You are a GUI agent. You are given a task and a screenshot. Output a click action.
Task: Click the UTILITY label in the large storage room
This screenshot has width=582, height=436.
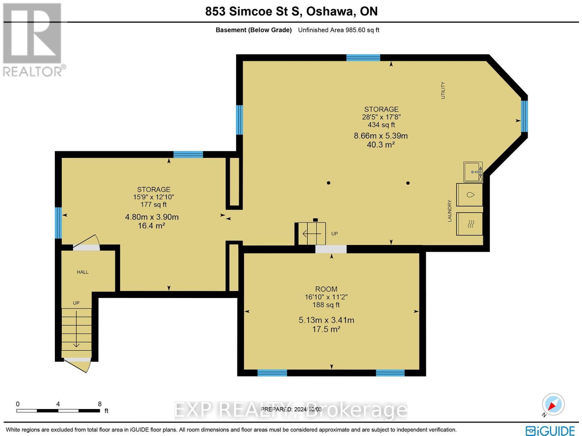[443, 90]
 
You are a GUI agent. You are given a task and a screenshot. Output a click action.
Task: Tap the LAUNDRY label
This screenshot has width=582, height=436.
[450, 211]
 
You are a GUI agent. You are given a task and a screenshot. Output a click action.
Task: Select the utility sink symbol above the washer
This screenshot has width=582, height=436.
[473, 172]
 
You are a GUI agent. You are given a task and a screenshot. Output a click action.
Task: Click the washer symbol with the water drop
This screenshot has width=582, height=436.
[470, 195]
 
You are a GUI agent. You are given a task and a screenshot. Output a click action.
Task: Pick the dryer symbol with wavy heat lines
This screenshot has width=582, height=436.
[470, 223]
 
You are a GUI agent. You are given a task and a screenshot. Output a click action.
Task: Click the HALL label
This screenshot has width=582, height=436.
[83, 272]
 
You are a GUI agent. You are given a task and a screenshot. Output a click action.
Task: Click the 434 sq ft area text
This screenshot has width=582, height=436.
[381, 125]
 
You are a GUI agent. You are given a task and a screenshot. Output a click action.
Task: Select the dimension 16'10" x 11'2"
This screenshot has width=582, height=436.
[326, 297]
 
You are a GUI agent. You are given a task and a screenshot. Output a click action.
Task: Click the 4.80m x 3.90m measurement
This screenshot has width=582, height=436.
[152, 217]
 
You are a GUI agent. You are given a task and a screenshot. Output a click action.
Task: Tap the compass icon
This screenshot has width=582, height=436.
[553, 404]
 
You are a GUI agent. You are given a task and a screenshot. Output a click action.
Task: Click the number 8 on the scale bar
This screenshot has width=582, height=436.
[100, 404]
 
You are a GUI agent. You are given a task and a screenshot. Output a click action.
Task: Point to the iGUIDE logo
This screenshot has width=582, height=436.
[550, 431]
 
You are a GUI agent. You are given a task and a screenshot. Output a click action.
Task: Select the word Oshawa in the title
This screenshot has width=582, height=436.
[331, 11]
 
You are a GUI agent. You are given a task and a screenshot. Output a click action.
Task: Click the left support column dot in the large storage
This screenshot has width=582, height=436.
[328, 183]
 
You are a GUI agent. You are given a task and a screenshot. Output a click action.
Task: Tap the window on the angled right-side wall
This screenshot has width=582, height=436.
[524, 116]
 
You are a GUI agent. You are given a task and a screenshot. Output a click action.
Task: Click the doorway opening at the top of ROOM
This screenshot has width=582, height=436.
[331, 249]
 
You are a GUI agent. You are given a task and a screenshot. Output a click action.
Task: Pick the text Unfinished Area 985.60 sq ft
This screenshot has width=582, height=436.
[338, 30]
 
